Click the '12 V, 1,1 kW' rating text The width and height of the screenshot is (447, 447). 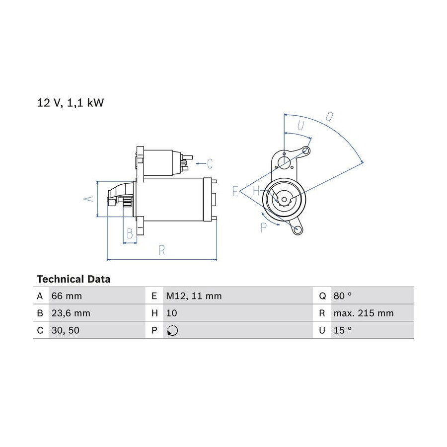71,103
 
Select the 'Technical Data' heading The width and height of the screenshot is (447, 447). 74,279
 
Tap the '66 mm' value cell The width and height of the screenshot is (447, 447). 67,296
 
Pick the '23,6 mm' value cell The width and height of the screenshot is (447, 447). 71,313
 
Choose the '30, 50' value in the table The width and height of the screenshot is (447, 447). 65,330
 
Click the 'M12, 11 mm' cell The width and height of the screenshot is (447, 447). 194,296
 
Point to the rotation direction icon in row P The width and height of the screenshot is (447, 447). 172,330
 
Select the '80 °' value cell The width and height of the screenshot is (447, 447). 342,296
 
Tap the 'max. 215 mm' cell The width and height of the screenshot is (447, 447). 364,313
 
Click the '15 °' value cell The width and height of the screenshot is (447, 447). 342,330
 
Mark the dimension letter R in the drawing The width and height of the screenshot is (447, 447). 161,250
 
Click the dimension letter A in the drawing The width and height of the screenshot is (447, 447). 89,198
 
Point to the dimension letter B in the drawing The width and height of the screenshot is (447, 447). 130,233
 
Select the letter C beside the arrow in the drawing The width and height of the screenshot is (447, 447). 210,163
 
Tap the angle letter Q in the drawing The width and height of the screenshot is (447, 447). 329,117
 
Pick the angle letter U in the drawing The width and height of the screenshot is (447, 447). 300,125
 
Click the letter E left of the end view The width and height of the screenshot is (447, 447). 235,191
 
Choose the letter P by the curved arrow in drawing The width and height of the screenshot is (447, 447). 264,227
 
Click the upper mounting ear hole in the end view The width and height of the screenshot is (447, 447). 306,150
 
